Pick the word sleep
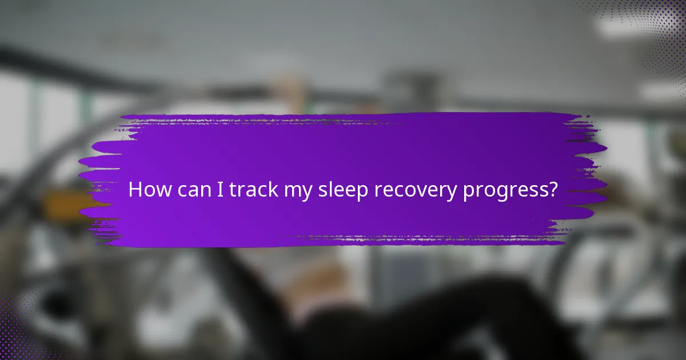[343, 191]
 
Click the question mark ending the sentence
[552, 190]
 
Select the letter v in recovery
[423, 191]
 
